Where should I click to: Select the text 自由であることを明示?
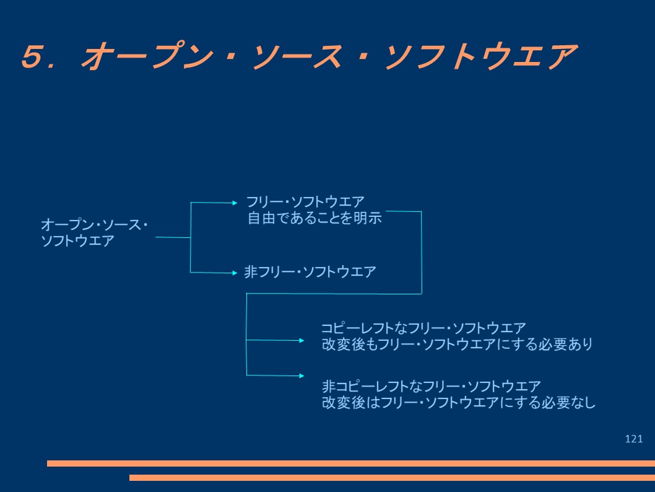point(313,217)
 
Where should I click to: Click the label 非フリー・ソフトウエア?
point(310,272)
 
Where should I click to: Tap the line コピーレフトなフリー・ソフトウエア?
point(423,328)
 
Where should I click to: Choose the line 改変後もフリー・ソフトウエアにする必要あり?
point(458,344)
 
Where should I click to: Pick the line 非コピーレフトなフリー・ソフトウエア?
point(432,387)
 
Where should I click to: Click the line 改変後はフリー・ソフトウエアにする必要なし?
point(458,403)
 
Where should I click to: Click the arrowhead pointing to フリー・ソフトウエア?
point(234,202)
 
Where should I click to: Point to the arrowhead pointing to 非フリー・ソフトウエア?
point(234,272)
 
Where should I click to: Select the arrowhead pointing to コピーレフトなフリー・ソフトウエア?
point(301,340)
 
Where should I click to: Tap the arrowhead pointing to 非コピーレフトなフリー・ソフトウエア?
point(301,376)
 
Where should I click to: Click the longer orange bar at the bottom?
point(350,463)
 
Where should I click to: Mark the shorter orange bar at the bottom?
point(391,478)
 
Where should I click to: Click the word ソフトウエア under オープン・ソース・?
point(77,241)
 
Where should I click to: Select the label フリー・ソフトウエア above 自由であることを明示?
point(305,202)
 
